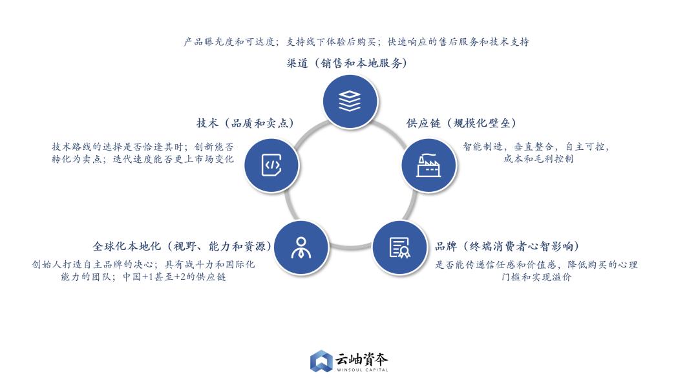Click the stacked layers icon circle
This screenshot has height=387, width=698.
(x=350, y=101)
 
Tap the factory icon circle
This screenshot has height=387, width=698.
(x=428, y=165)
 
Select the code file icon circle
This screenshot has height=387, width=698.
(x=271, y=165)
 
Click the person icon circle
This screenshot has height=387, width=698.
(x=301, y=247)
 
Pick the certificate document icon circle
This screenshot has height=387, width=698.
(x=400, y=247)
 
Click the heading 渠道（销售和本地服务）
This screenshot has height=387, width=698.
(x=347, y=63)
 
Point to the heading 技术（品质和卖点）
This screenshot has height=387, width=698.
(x=246, y=123)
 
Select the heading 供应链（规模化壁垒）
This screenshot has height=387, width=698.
(x=461, y=123)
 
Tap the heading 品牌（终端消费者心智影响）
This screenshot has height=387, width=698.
(x=507, y=246)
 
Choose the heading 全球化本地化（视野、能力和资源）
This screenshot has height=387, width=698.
(x=182, y=246)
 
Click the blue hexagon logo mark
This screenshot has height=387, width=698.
(x=321, y=361)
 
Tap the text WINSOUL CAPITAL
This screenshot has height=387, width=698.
(x=363, y=370)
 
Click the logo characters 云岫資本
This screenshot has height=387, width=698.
(x=361, y=359)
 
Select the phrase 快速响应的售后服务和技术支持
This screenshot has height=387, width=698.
(x=458, y=42)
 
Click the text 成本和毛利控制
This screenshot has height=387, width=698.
(x=538, y=159)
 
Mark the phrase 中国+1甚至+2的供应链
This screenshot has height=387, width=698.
(x=174, y=277)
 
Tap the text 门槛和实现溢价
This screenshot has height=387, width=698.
(x=536, y=277)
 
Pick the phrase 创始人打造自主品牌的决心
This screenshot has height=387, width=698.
(x=92, y=264)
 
